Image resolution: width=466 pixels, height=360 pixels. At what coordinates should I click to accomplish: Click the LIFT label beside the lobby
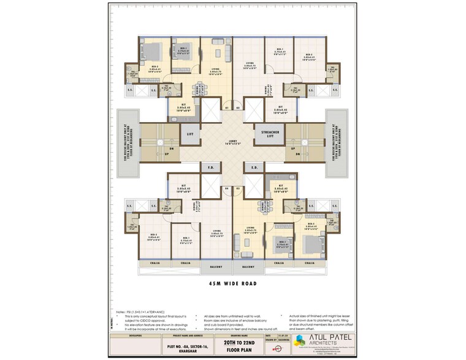[x=190, y=132]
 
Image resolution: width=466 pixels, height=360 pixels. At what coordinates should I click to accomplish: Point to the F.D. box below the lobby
[x=210, y=167]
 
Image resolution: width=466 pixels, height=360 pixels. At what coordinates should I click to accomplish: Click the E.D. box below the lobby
[x=254, y=167]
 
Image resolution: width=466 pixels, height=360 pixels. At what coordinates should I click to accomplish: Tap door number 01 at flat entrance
[x=226, y=108]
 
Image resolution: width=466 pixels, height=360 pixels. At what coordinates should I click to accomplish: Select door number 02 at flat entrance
[x=238, y=108]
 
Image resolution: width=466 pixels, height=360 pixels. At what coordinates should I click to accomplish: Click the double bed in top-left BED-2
[x=153, y=52]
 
